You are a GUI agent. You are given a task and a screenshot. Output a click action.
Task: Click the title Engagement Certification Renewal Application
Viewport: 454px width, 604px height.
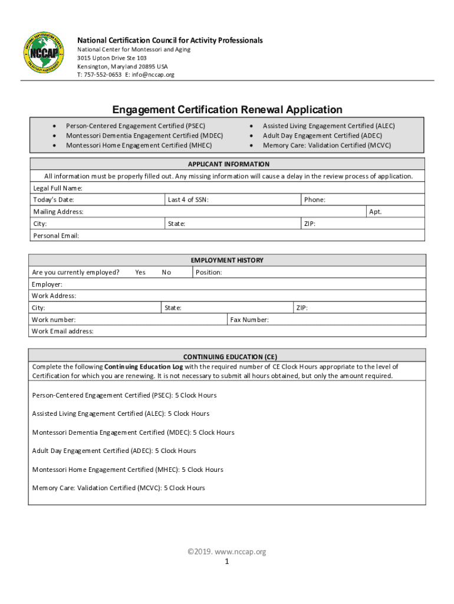pyautogui.click(x=227, y=110)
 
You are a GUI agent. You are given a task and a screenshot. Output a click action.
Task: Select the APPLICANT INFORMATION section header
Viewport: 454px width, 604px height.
pyautogui.click(x=228, y=164)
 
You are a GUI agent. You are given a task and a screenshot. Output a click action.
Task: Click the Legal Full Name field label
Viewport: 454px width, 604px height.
pyautogui.click(x=57, y=188)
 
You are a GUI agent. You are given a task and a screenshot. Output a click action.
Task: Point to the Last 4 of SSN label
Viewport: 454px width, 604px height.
pyautogui.click(x=188, y=199)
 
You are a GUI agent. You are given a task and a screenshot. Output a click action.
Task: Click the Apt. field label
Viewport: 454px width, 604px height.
pyautogui.click(x=375, y=211)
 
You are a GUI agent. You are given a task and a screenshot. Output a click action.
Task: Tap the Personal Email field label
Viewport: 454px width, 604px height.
pyautogui.click(x=56, y=235)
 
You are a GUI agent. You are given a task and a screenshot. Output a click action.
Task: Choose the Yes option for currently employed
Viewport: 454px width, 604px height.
pyautogui.click(x=140, y=272)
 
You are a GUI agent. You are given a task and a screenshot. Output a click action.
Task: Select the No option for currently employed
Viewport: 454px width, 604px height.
pyautogui.click(x=166, y=272)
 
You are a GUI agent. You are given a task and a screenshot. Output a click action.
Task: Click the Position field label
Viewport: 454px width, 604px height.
pyautogui.click(x=209, y=272)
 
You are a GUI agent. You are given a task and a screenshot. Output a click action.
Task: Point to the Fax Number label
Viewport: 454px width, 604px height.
pyautogui.click(x=249, y=319)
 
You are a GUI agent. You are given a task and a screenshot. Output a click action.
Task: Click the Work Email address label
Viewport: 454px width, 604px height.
pyautogui.click(x=62, y=331)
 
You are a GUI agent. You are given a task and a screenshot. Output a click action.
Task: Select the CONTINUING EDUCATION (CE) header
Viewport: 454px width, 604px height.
pyautogui.click(x=230, y=356)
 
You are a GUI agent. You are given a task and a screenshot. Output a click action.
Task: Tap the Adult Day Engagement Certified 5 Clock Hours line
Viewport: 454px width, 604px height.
pyautogui.click(x=114, y=451)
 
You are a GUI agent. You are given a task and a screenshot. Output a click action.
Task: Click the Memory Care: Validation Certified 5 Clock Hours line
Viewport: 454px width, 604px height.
pyautogui.click(x=119, y=488)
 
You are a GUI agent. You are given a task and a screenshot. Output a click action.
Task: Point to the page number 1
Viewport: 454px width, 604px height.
pyautogui.click(x=226, y=562)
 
